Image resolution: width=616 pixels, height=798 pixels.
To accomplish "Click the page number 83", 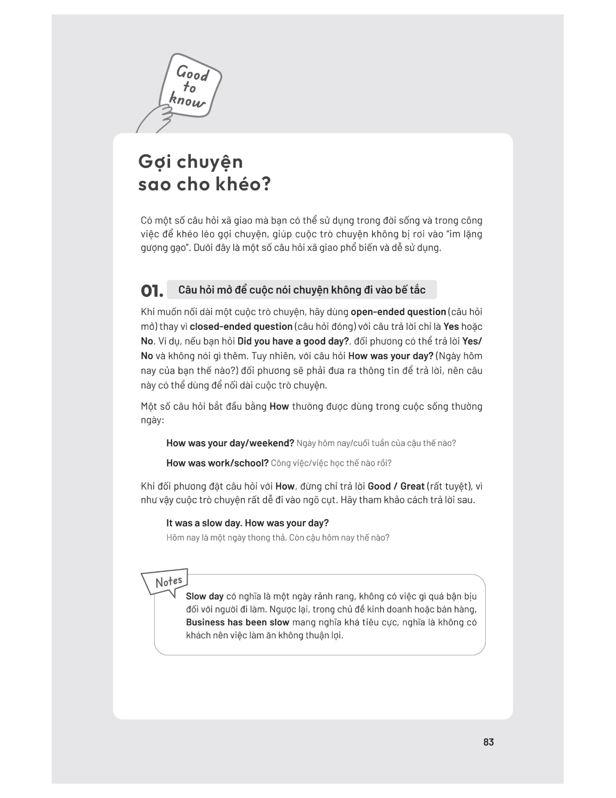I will point(488,742).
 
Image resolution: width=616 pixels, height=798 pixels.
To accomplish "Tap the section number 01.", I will point(151,291).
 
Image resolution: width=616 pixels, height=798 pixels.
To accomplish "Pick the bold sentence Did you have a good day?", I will point(293,341).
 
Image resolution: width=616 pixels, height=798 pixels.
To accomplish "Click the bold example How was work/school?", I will point(217,463).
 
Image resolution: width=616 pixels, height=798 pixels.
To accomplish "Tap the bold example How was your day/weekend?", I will point(230,443).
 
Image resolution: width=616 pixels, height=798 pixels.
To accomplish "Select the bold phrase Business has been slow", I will point(238,622).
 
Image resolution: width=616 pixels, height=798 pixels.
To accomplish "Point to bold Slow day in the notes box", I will point(205,596).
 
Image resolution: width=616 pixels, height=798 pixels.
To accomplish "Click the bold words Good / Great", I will point(396,486).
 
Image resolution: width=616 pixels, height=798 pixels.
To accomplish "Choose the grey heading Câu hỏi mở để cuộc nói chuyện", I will point(301,290).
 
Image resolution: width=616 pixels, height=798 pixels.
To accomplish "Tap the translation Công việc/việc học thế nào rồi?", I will point(331,463).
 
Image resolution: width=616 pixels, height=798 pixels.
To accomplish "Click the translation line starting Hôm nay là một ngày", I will point(277,537).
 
